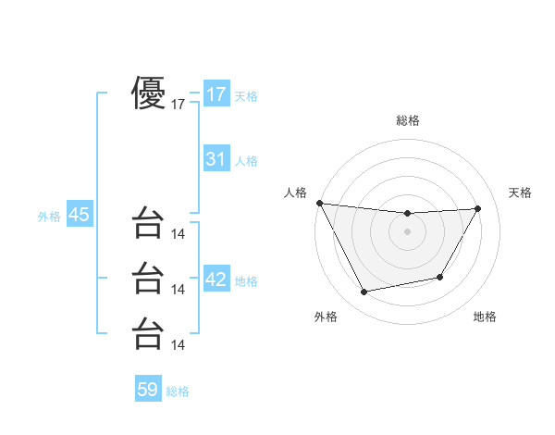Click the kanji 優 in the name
coord(148,94)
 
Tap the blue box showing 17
coord(216,94)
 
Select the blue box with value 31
coord(216,159)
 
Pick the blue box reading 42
coord(216,280)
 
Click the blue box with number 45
coord(79,215)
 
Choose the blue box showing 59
coord(148,390)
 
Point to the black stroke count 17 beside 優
coord(179,105)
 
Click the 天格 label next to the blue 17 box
coord(246,96)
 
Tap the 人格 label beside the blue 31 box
coord(246,161)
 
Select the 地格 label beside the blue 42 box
coord(246,281)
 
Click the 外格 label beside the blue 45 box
coord(49,217)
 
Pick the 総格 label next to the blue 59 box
coord(178,391)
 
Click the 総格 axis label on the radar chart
coord(407,120)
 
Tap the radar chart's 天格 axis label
coord(521,193)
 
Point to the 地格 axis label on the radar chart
coord(485,317)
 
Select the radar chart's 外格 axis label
coord(326,317)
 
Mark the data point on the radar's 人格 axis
coord(319,203)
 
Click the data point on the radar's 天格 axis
coord(477,208)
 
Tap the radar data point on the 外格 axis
coord(364,292)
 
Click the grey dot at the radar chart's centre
coord(407,231)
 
